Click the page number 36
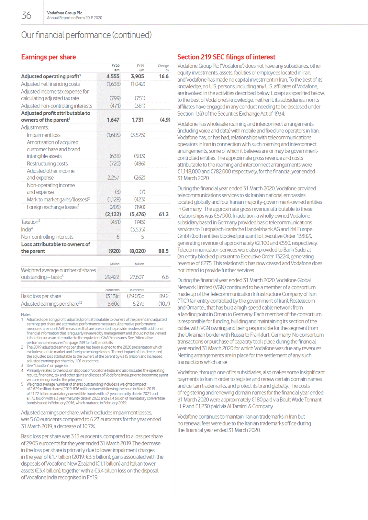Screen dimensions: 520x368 [x=26, y=15]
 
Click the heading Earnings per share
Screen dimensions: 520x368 [x=48, y=57]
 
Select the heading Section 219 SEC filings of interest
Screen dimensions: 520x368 [x=226, y=57]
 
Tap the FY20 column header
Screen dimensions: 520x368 [x=115, y=66]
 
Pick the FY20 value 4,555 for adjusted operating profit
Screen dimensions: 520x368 [x=113, y=76]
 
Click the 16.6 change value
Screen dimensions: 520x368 [x=164, y=76]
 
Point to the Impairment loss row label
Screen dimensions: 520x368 [x=43, y=135]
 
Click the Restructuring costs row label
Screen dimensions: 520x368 [x=47, y=164]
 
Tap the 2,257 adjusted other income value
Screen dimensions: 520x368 [x=113, y=178]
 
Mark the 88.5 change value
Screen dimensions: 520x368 [x=163, y=251]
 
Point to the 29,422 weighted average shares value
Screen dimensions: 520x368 [x=112, y=277]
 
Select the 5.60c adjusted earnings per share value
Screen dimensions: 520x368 [x=113, y=304]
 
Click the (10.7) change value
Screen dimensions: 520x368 [x=164, y=304]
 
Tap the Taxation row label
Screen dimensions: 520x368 [x=30, y=222]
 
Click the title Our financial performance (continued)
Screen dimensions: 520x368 [x=86, y=35]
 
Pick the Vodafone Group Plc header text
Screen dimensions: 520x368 [x=64, y=13]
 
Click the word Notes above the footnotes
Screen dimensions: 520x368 [x=26, y=314]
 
